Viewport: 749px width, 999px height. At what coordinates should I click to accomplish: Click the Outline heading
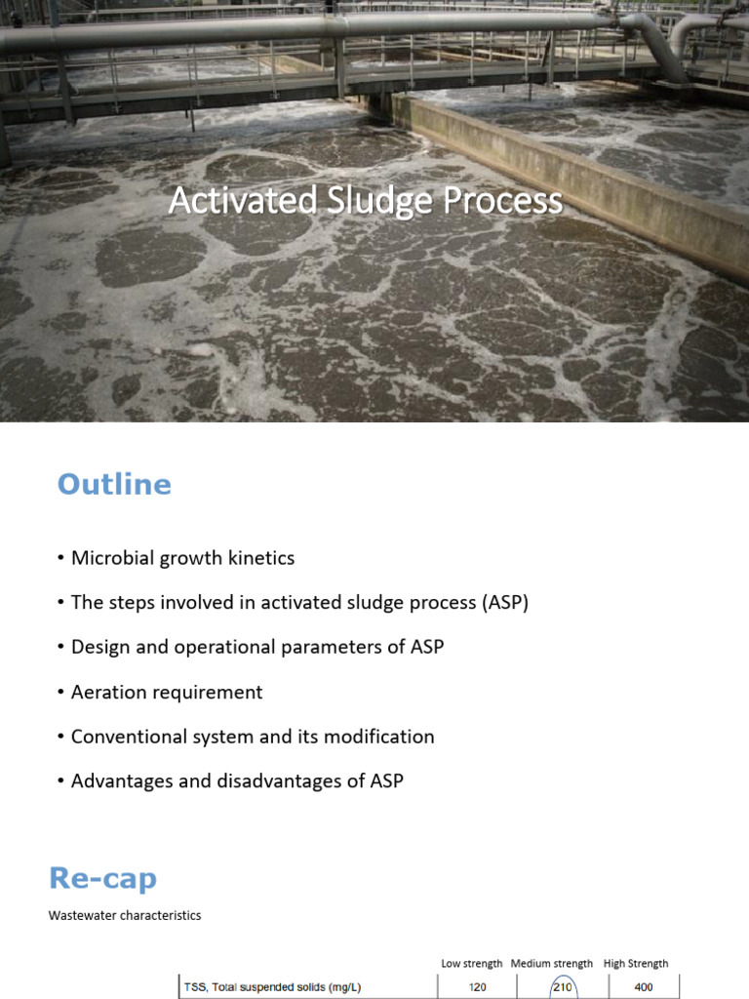coord(114,485)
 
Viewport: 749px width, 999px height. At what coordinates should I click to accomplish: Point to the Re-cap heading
coord(102,879)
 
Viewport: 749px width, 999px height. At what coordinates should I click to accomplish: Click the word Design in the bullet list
coord(101,647)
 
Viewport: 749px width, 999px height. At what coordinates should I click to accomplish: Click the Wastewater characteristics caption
coord(125,916)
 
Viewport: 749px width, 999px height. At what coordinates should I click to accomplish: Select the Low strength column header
coord(472,964)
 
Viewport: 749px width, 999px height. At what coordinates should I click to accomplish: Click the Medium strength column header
coord(552,964)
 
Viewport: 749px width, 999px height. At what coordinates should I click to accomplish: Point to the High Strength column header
coord(636,964)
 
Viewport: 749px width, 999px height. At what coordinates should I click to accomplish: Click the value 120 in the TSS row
coord(478,987)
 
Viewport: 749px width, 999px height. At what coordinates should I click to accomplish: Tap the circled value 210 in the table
coord(564,987)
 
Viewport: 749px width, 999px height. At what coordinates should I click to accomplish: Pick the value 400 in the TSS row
coord(644,987)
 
